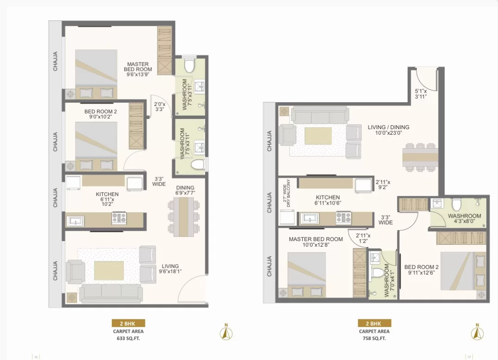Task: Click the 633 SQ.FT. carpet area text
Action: pos(128,339)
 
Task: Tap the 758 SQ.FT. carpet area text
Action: pos(374,339)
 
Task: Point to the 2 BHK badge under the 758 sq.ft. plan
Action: pos(375,324)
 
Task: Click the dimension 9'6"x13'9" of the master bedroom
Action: pos(138,75)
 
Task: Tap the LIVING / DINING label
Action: pos(389,127)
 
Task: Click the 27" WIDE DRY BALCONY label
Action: pos(287,193)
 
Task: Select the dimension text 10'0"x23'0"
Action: pos(389,133)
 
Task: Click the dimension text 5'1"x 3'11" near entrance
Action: pos(421,94)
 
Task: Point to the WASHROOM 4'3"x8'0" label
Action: pos(464,219)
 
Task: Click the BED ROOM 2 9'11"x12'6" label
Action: pos(422,270)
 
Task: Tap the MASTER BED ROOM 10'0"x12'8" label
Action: pos(316,242)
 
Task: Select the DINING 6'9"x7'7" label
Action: pos(185,190)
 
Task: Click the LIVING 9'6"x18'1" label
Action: pos(170,269)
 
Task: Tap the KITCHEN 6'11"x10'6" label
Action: pos(328,200)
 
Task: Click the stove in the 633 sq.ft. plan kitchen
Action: pos(119,218)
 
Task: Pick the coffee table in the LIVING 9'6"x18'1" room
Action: pos(109,270)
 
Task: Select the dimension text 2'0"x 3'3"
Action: pos(159,106)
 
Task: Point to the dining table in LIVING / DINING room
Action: pos(420,158)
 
